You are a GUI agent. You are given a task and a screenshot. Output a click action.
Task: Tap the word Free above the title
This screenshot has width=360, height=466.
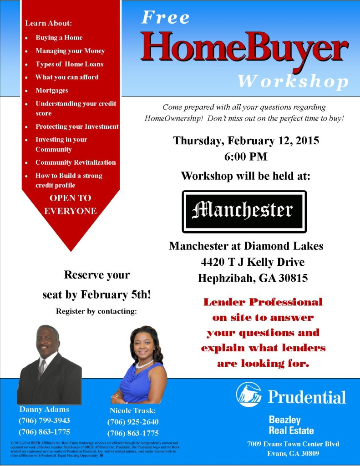point(165,17)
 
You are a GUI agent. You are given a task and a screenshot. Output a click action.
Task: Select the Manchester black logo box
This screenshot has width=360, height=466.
point(244,211)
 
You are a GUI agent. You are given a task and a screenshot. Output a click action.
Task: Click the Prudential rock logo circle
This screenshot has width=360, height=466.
point(248,395)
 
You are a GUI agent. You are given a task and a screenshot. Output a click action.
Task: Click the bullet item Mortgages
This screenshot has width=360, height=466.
point(52,91)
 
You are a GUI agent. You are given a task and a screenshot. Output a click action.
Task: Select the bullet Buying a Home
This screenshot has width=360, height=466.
point(59,38)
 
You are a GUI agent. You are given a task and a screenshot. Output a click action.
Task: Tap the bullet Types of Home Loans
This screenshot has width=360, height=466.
point(70,64)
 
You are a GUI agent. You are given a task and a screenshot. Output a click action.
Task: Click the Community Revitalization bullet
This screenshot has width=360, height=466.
point(76,162)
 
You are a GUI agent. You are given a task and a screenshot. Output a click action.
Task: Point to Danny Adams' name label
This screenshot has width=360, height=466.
point(44,409)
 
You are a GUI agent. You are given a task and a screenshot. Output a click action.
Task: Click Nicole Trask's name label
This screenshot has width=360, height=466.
point(133,410)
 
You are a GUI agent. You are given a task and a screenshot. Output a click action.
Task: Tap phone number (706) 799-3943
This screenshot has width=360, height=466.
point(44,420)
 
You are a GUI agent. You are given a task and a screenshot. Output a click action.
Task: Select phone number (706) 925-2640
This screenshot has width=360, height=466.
point(133,422)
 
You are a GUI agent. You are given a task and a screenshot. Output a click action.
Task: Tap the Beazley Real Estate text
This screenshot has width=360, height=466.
point(291,425)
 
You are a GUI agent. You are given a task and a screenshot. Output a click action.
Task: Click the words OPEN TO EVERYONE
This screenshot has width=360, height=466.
point(70,205)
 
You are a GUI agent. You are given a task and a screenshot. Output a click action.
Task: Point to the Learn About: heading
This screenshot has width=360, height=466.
point(49,23)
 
